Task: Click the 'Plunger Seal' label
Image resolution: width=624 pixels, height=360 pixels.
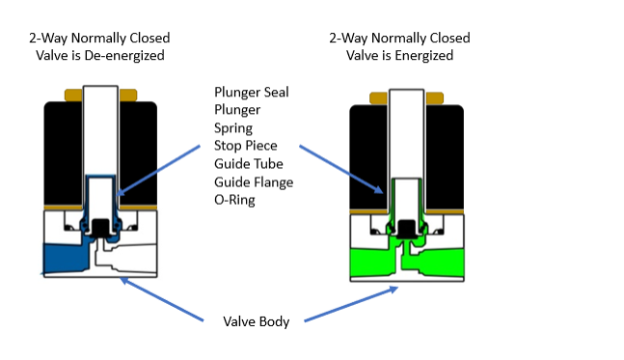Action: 252,93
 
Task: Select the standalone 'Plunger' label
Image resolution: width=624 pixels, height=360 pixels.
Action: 237,110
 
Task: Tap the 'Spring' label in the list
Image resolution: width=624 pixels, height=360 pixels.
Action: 233,127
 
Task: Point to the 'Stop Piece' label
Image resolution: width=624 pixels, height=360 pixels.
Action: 245,146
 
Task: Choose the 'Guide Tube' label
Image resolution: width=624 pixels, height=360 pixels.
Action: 247,163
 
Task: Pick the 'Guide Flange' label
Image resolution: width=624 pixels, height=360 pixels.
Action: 254,181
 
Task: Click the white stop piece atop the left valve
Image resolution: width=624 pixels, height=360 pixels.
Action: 99,125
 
